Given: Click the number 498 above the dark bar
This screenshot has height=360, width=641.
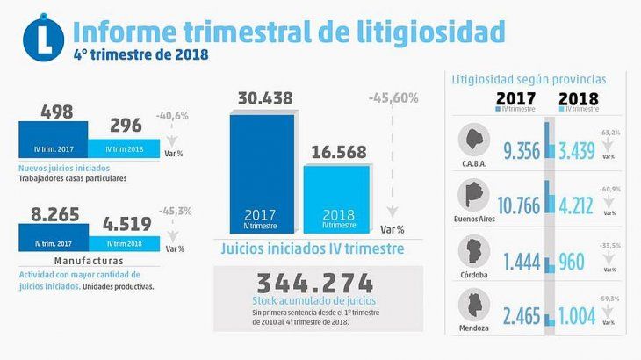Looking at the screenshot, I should (x=57, y=112).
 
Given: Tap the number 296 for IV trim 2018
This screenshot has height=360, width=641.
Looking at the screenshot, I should (x=127, y=126).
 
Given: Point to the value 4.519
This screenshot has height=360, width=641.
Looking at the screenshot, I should (x=127, y=224).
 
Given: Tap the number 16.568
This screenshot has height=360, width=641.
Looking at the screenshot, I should (x=335, y=152).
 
